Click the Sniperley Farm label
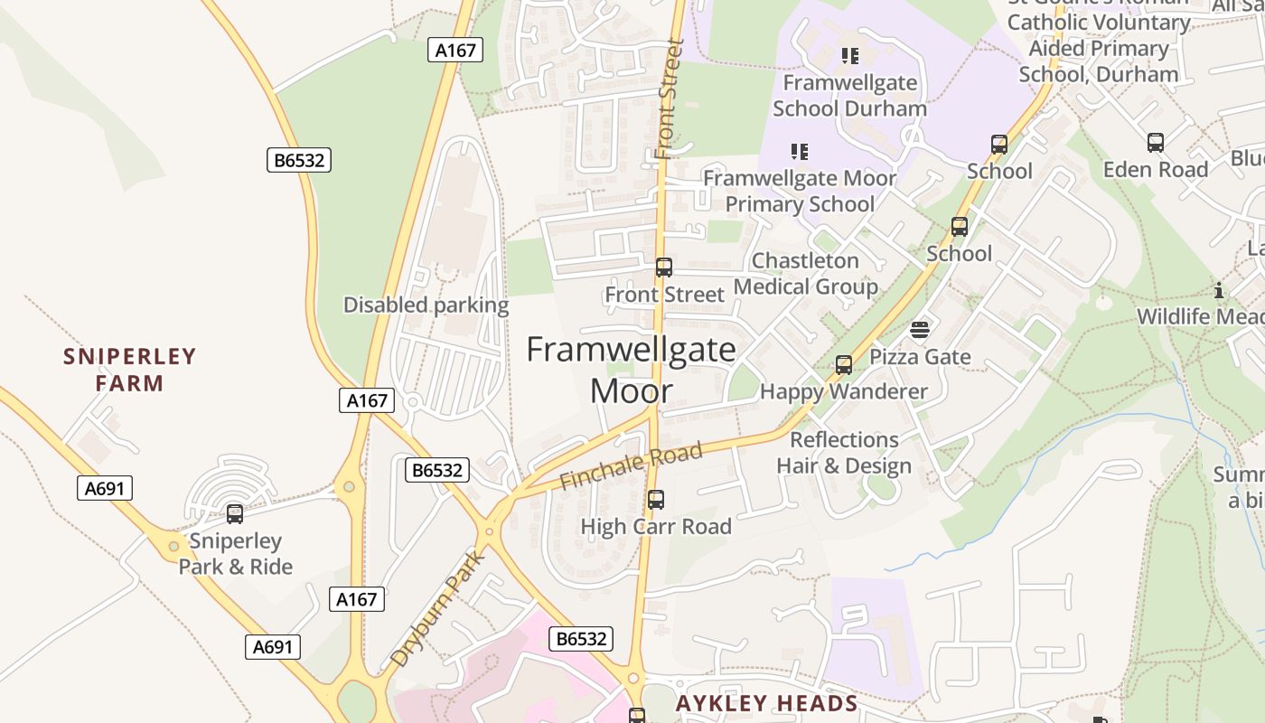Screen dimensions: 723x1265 [129, 370]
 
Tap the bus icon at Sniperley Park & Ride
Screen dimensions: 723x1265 [235, 514]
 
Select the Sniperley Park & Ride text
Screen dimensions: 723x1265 [235, 554]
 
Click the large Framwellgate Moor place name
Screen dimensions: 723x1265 [631, 370]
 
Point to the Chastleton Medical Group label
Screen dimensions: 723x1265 [805, 274]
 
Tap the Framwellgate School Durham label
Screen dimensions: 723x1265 [849, 96]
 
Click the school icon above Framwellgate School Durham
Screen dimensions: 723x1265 [849, 56]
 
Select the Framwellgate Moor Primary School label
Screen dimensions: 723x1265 [800, 191]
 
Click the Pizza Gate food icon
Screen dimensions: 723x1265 [920, 330]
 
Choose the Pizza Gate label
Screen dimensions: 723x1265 [920, 357]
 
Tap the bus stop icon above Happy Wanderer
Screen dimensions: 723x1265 [844, 365]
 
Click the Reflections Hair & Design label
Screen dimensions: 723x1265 [844, 453]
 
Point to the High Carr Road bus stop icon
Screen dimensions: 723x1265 [656, 499]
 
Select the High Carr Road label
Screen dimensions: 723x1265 [656, 526]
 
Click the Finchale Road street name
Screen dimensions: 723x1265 [631, 466]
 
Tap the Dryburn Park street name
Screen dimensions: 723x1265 [438, 608]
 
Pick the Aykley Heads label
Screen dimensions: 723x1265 [766, 703]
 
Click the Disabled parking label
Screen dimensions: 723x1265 [426, 305]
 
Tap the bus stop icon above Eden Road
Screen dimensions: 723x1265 [1155, 142]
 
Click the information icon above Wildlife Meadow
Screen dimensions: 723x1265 [1219, 290]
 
